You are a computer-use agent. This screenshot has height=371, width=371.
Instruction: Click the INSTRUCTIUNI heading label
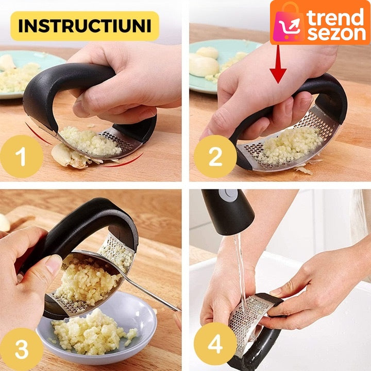pos(85,26)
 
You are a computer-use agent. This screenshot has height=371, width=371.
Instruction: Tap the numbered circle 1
pos(22,157)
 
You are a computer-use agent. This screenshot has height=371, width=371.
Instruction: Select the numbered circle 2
pos(215,157)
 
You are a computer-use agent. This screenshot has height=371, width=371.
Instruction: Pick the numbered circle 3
pos(22,349)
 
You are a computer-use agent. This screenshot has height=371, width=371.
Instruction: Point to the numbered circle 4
pos(215,344)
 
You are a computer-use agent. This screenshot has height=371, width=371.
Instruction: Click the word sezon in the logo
pos(336,33)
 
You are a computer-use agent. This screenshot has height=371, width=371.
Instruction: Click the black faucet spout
pos(228,211)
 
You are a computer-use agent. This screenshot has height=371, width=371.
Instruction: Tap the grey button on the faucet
pos(228,194)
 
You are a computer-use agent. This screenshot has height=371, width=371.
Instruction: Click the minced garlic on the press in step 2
pos(290,145)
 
